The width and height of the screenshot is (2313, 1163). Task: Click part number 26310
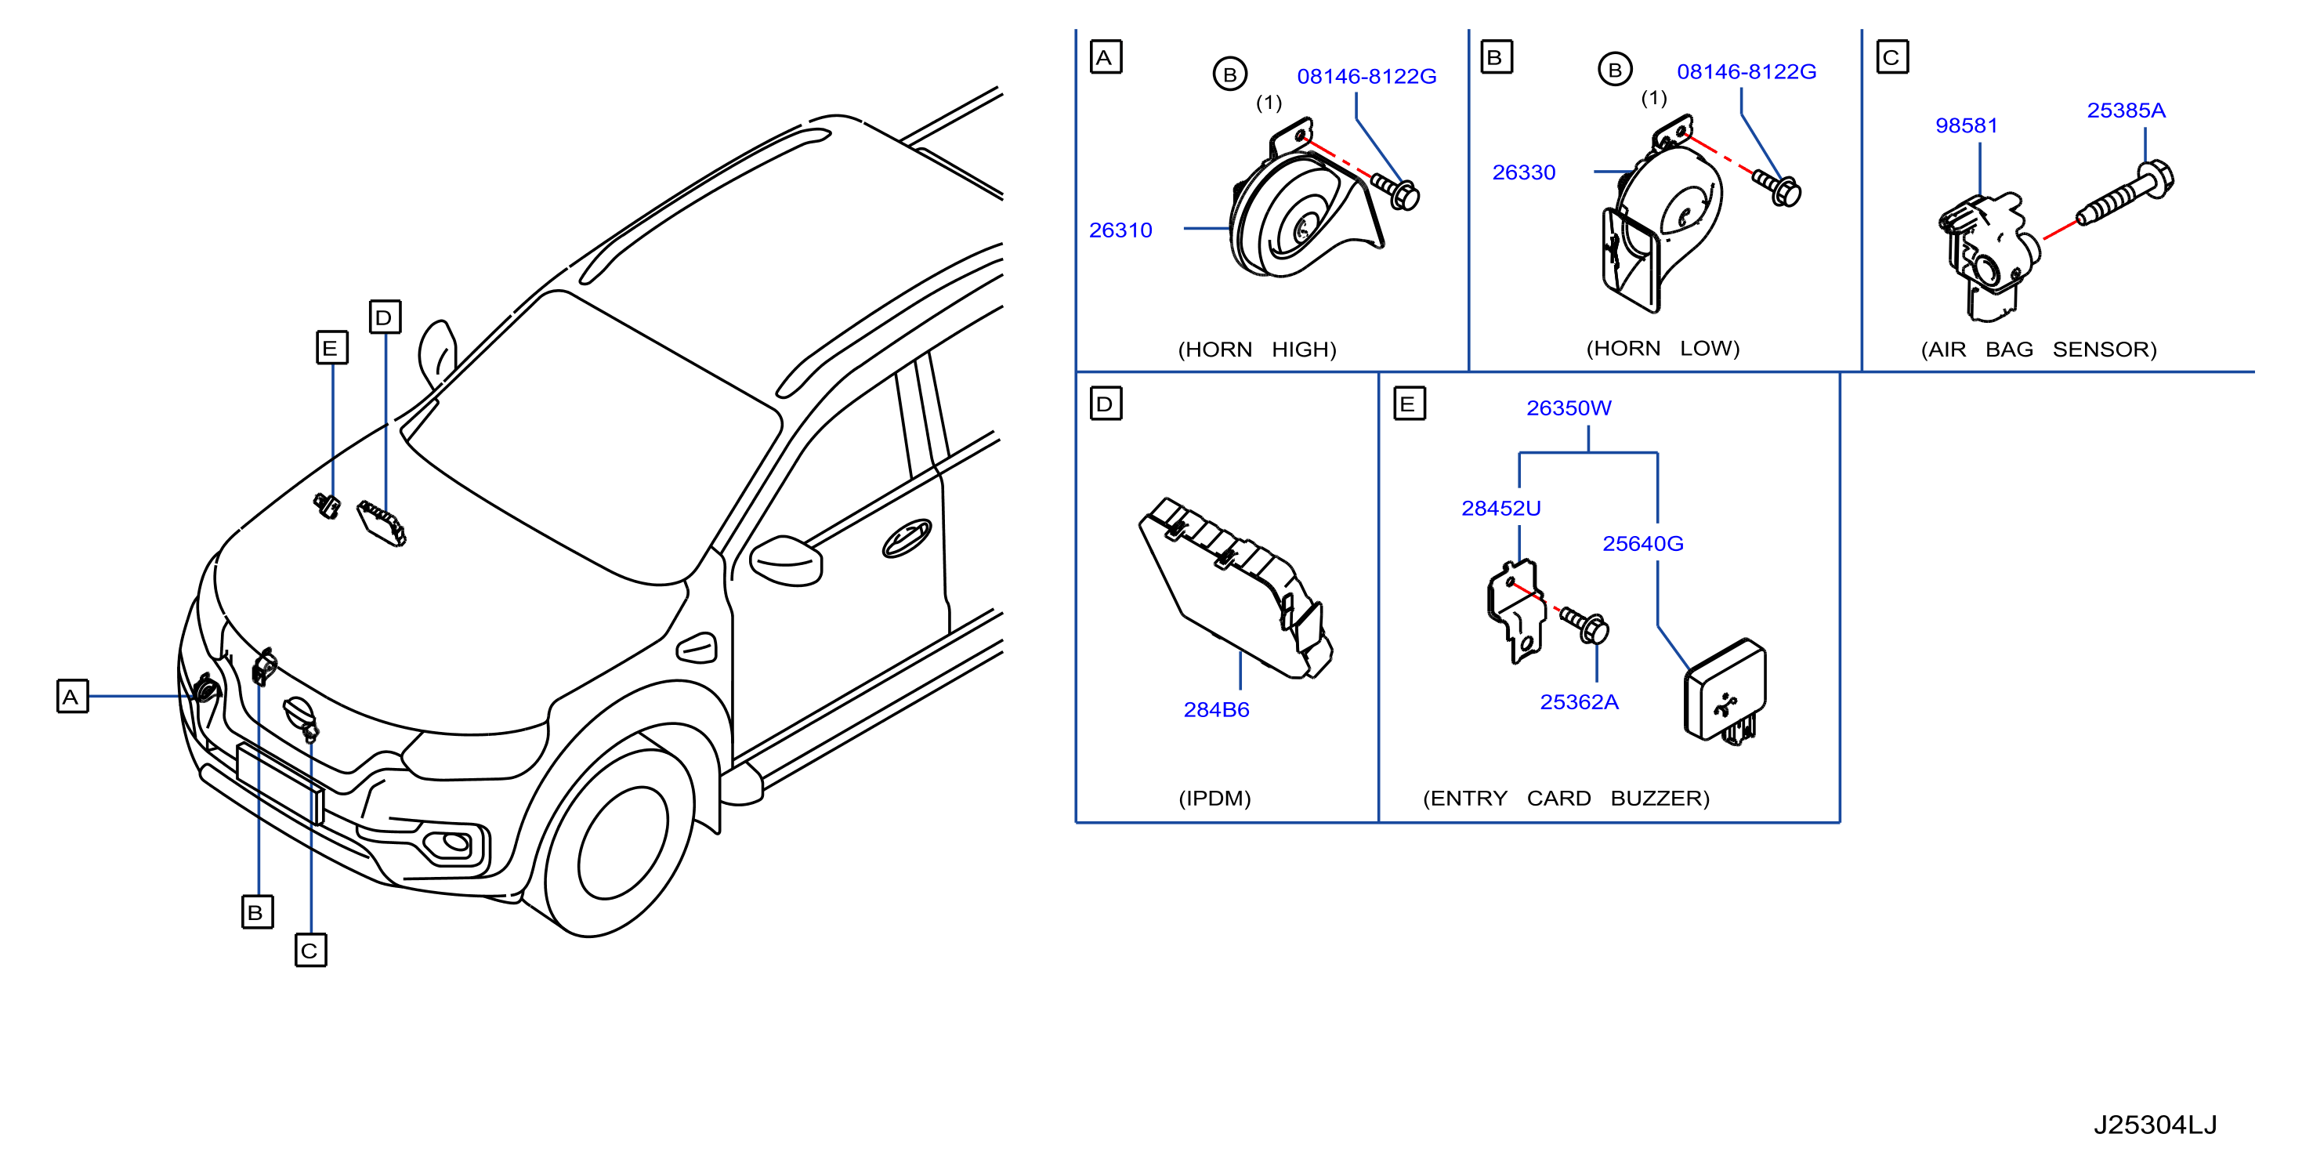point(1120,230)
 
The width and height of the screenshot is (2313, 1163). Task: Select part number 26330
point(1524,172)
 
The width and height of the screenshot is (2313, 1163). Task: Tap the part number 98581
point(1967,125)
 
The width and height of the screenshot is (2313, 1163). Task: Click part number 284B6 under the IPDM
point(1216,709)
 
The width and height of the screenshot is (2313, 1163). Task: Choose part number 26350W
point(1569,408)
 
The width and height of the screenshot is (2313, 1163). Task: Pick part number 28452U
point(1500,509)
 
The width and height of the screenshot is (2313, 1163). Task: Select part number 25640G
point(1642,543)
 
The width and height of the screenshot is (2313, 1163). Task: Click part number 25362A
point(1579,701)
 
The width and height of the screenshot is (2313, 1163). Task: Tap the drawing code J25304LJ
point(2155,1125)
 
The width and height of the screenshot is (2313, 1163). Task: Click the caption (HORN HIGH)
point(1257,350)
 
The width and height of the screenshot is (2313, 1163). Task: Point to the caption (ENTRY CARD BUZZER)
point(1566,799)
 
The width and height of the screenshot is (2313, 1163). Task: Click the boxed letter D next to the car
point(384,317)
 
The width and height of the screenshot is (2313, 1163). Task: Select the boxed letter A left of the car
point(72,697)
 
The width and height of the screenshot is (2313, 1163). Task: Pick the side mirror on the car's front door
point(786,560)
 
